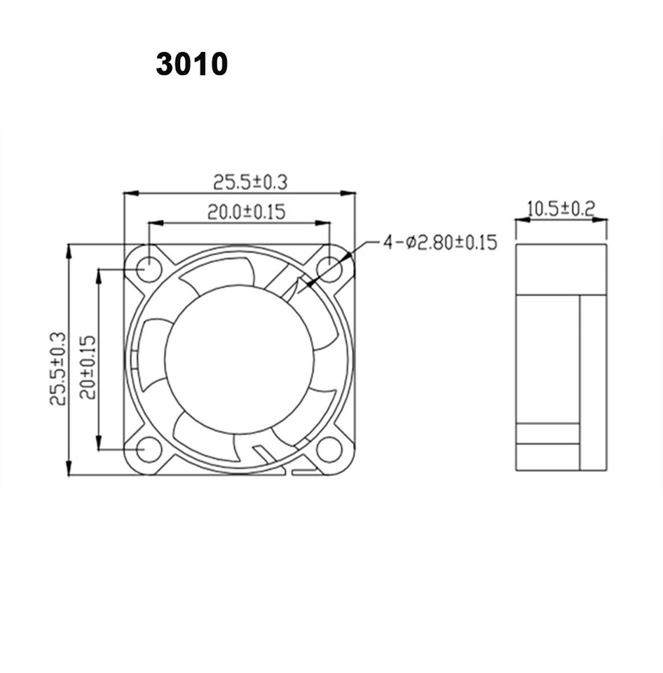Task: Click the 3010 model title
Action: [x=191, y=64]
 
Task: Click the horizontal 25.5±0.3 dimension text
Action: [x=250, y=182]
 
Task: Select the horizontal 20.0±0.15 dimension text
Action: [x=246, y=212]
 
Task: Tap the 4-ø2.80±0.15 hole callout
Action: [x=439, y=243]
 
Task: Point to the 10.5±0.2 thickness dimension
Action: [x=560, y=208]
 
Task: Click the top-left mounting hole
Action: [x=148, y=267]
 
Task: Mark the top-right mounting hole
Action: [x=329, y=267]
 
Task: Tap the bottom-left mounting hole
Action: [x=148, y=449]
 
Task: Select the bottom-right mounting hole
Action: [x=329, y=449]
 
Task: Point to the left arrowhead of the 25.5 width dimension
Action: [x=130, y=193]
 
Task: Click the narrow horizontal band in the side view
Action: [x=547, y=433]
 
